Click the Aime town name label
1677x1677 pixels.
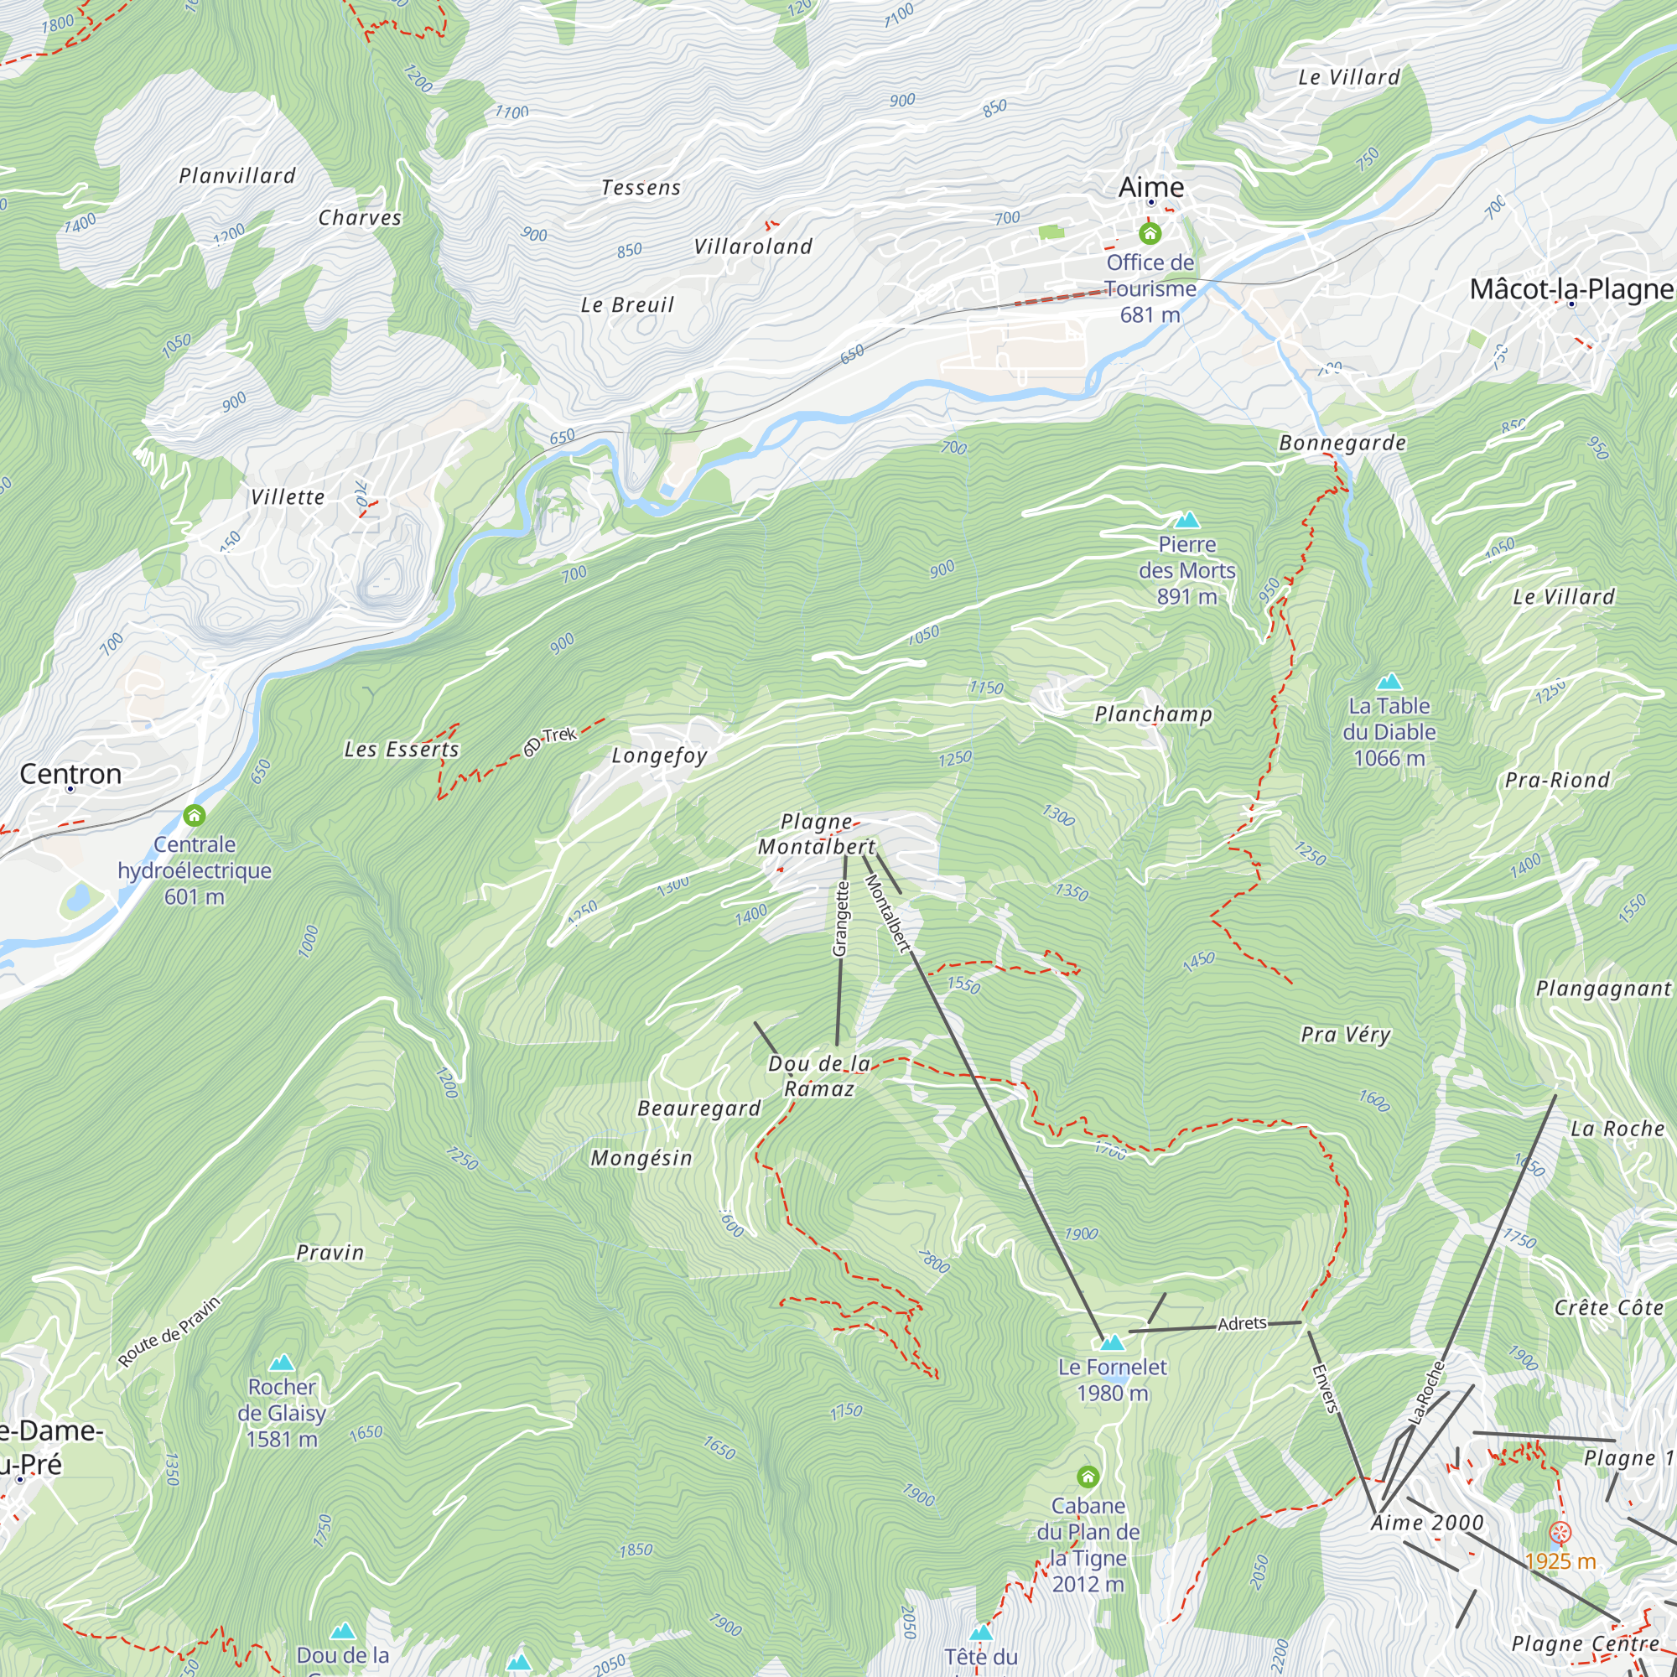(x=1150, y=188)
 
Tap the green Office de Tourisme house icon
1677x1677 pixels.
(x=1150, y=232)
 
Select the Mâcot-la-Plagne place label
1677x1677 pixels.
(x=1571, y=289)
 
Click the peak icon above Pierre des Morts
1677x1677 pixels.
(x=1186, y=520)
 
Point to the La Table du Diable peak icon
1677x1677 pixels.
(x=1389, y=682)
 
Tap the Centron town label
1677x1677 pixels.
(x=70, y=773)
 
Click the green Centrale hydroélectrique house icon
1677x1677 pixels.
(x=195, y=815)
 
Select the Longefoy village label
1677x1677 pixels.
(x=659, y=755)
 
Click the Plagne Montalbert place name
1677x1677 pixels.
(x=816, y=834)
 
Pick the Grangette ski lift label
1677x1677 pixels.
(x=839, y=919)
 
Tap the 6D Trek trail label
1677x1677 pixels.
(x=550, y=740)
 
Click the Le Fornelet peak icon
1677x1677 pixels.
(x=1112, y=1342)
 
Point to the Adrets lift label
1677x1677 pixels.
(x=1241, y=1324)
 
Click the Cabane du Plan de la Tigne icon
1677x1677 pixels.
(x=1088, y=1477)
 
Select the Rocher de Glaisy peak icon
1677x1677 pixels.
(x=281, y=1363)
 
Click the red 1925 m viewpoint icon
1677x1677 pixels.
(x=1560, y=1533)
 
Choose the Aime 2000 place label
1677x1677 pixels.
(x=1427, y=1523)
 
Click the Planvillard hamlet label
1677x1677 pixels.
(x=237, y=176)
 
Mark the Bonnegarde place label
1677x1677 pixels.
(x=1342, y=443)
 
